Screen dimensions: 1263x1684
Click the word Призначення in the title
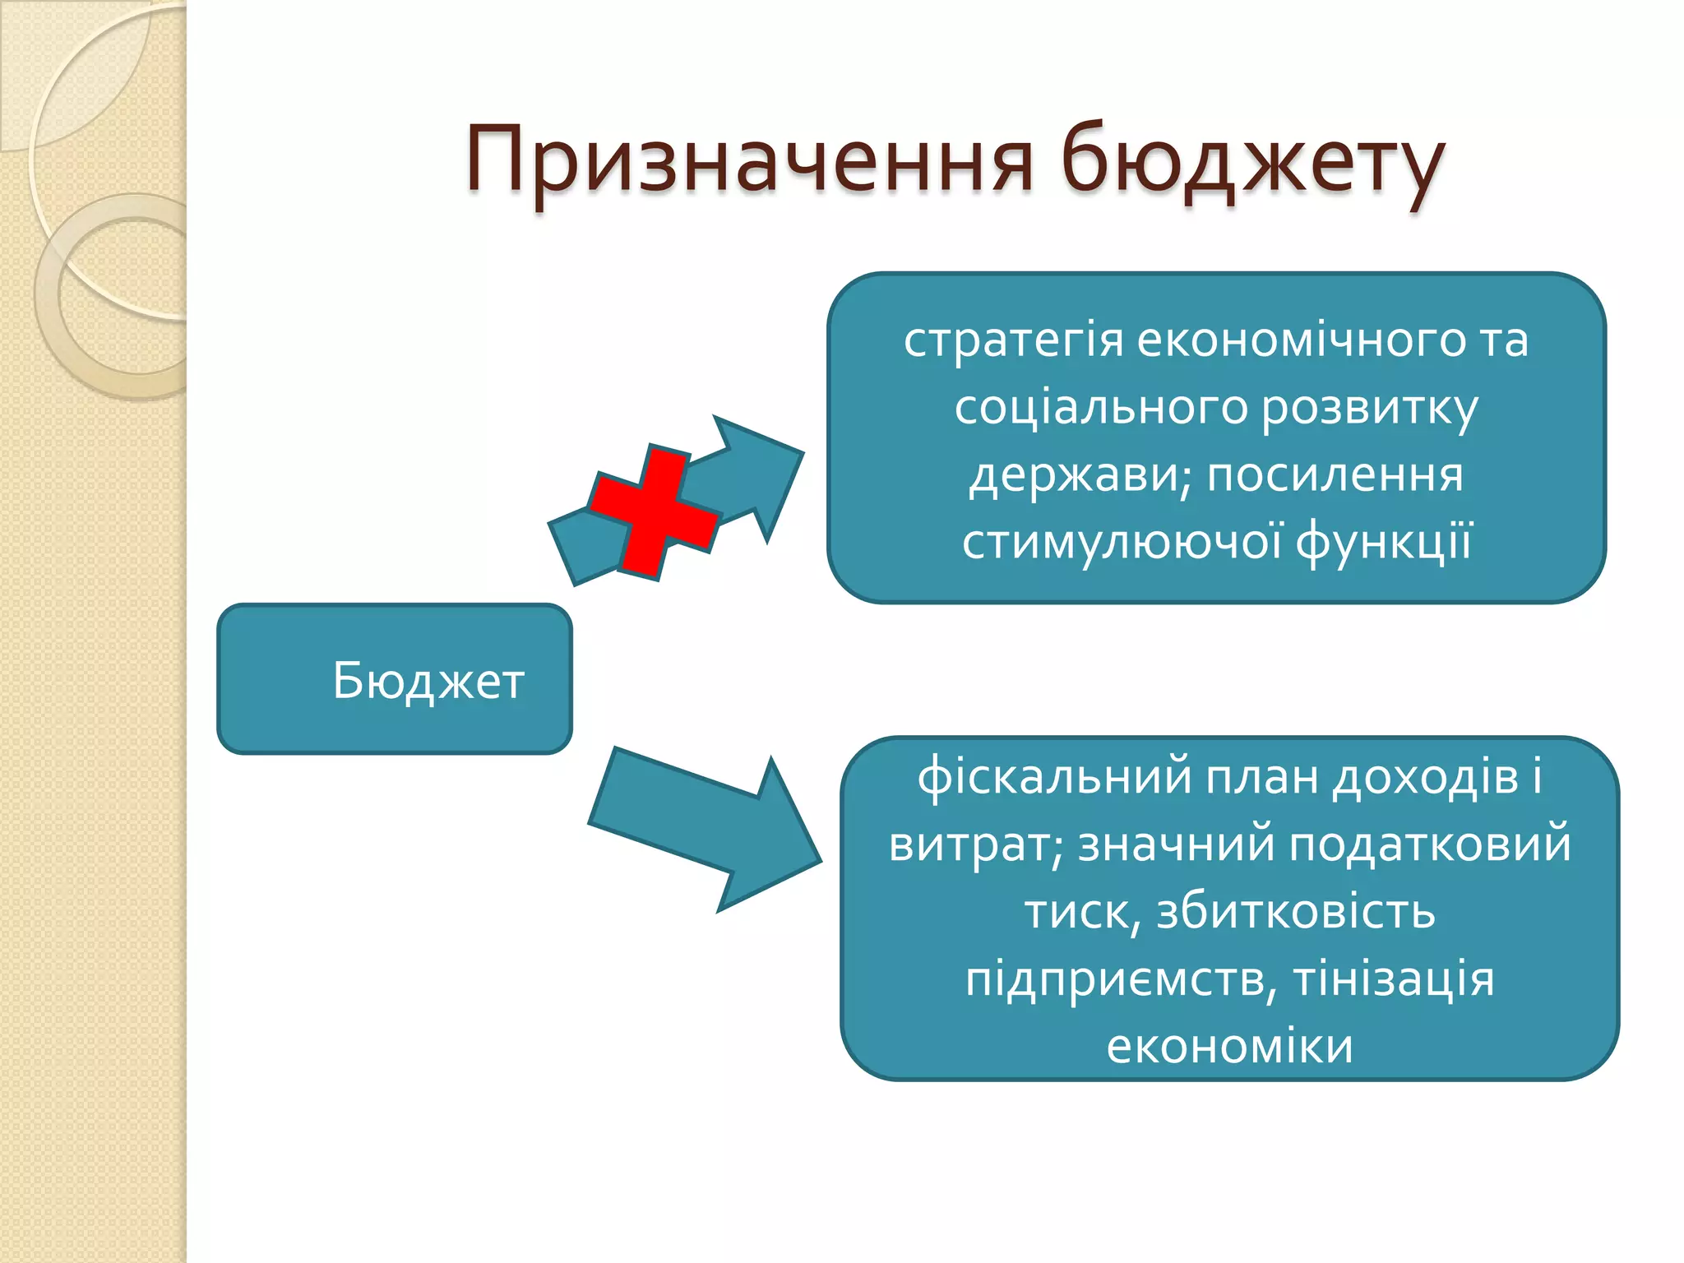tap(748, 160)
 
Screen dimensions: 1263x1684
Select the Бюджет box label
tap(428, 681)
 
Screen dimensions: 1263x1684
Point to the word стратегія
tap(1013, 340)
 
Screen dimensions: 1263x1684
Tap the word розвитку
tap(1369, 409)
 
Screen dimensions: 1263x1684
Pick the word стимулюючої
tap(1122, 543)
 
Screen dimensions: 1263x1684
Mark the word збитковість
tap(1296, 912)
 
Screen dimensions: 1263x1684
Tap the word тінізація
tap(1394, 979)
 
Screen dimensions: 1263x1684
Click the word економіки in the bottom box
tap(1229, 1047)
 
